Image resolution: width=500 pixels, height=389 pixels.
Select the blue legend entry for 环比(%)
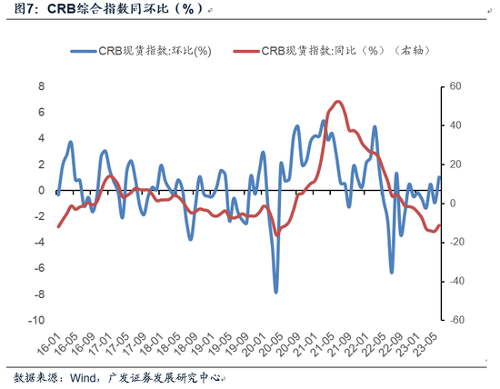click(151, 51)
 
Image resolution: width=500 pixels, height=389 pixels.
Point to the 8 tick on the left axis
click(40, 86)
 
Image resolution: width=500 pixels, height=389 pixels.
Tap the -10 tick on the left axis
click(37, 321)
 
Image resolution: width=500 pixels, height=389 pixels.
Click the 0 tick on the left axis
click(40, 191)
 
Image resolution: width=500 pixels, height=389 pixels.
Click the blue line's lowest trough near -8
click(276, 292)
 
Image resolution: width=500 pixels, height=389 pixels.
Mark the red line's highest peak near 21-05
click(338, 102)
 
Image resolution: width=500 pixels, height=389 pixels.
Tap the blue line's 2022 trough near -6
click(392, 272)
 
